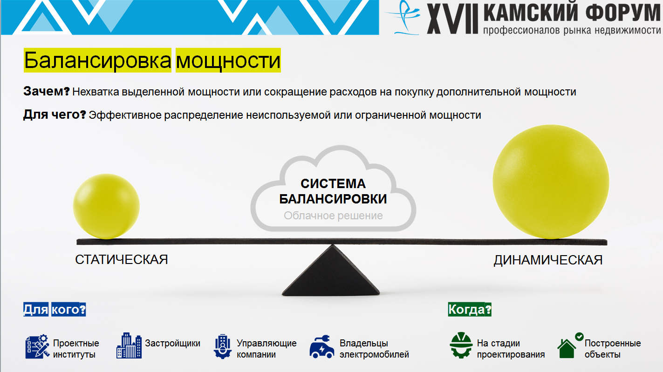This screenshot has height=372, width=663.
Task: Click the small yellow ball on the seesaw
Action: (x=106, y=206)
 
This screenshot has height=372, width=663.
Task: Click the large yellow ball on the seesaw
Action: (x=551, y=182)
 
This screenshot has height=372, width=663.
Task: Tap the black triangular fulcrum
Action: (x=331, y=271)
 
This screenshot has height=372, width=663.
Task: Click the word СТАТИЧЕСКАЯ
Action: (x=121, y=260)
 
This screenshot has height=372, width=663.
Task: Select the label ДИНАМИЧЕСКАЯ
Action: (x=548, y=260)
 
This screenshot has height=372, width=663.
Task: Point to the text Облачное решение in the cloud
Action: (x=333, y=216)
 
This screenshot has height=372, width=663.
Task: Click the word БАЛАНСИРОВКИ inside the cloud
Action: (x=333, y=199)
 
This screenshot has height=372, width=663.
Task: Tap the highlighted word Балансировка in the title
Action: (x=97, y=61)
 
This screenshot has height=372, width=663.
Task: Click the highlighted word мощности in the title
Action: (x=228, y=61)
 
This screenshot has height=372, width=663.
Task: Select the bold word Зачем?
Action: (x=47, y=91)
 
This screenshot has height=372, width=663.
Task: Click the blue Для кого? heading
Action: (x=55, y=309)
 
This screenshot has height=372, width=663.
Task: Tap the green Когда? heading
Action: (x=470, y=309)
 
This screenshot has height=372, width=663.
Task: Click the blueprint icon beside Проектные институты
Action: (x=37, y=346)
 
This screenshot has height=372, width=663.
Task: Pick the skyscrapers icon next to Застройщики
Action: (x=129, y=345)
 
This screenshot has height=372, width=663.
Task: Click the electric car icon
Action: (x=322, y=347)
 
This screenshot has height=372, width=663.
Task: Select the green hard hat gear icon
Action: (x=461, y=345)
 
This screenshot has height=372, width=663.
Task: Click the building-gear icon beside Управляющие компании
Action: (x=223, y=346)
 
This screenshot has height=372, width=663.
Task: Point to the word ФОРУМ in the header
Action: (x=623, y=12)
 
